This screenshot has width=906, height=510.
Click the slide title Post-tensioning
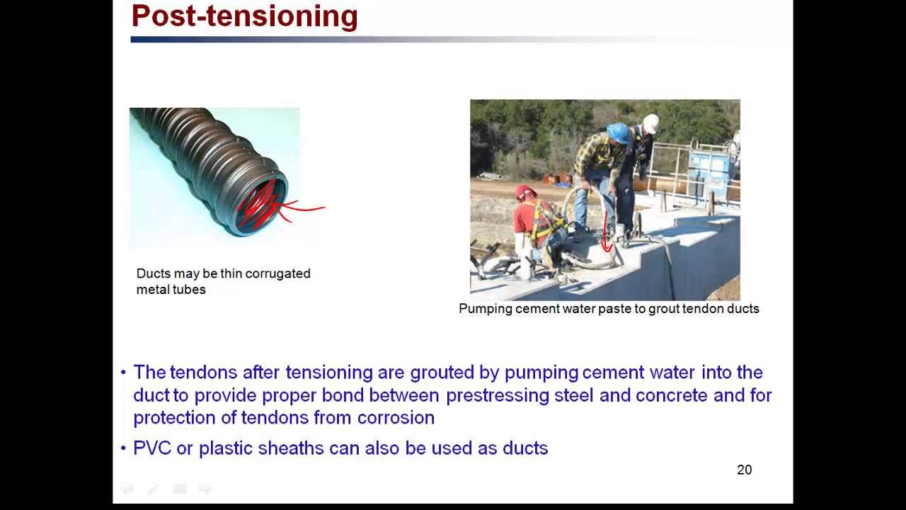tap(244, 16)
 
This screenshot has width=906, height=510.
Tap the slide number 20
tap(744, 470)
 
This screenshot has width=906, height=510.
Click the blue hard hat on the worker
tap(618, 132)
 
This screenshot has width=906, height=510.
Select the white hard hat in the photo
tap(650, 123)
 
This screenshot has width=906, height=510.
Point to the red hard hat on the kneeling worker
tap(524, 192)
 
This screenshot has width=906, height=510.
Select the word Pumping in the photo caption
tap(485, 309)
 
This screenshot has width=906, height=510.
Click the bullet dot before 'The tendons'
tap(123, 373)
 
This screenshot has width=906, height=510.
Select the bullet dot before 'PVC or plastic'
tap(123, 448)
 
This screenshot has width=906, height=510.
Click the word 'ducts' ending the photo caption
tap(742, 309)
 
